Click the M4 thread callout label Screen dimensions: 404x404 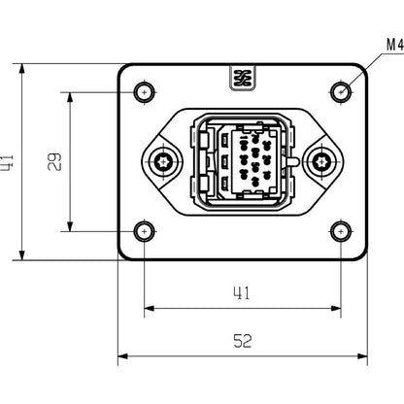click(x=393, y=45)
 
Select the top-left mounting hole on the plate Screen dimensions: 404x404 click(x=145, y=92)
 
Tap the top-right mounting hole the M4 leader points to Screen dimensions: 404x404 click(x=341, y=92)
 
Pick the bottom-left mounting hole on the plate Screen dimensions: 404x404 click(x=145, y=231)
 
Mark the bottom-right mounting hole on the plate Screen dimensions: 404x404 click(x=341, y=231)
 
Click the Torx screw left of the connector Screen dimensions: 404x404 click(x=164, y=161)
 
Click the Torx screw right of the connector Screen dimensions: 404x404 click(x=321, y=161)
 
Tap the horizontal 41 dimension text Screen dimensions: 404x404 click(x=243, y=292)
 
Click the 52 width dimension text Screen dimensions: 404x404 click(x=243, y=341)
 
